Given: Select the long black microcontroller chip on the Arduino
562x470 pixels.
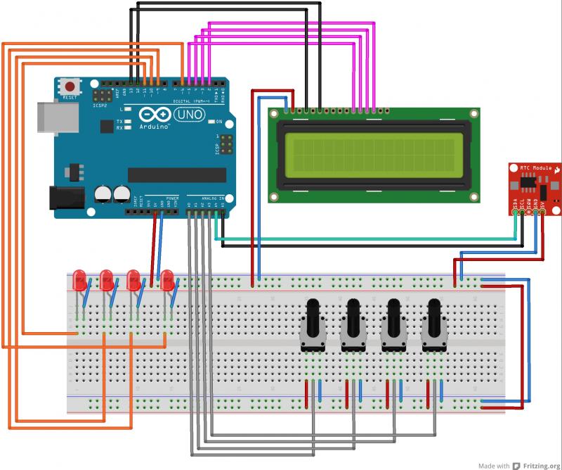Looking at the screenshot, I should click(x=177, y=174).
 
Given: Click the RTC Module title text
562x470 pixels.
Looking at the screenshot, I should click(x=535, y=170).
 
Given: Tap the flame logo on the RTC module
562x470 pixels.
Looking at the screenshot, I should click(x=556, y=170).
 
